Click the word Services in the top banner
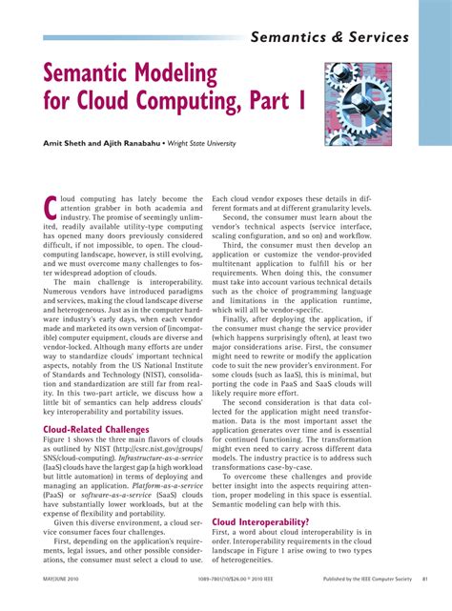tap(368, 38)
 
